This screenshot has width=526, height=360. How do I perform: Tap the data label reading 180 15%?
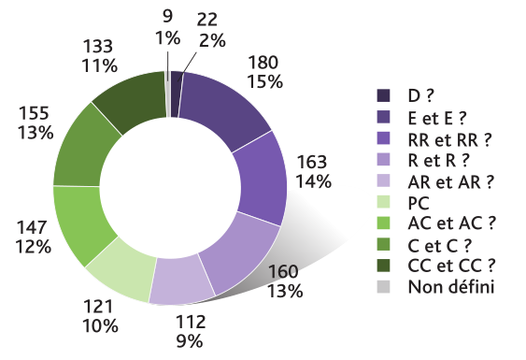point(264,72)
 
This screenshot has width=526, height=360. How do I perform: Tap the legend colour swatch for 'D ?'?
point(383,95)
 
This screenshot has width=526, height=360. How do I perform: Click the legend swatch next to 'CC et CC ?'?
point(383,265)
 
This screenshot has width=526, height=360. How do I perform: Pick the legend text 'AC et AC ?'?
point(449,223)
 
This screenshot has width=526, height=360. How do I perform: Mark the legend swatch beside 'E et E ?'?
point(383,117)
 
